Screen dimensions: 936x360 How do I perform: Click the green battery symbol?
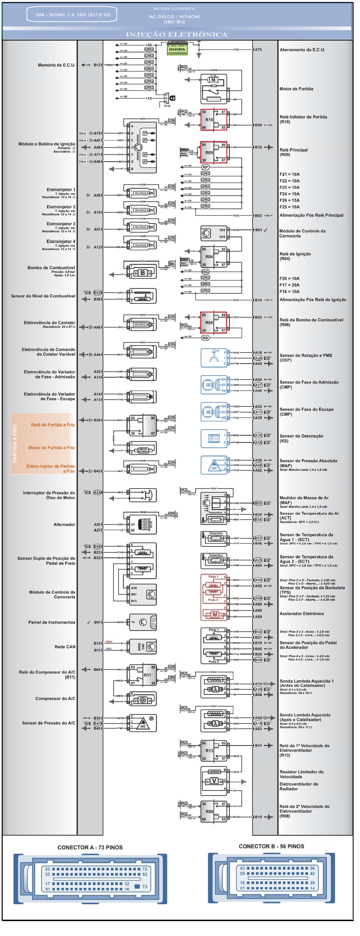coord(177,49)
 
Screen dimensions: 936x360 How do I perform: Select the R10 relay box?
coord(213,120)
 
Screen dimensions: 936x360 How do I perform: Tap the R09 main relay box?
coord(213,152)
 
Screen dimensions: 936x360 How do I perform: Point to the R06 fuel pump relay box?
coord(213,322)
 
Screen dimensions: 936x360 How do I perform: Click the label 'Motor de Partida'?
coord(296,89)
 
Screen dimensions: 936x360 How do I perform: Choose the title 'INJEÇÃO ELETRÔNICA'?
coord(177,35)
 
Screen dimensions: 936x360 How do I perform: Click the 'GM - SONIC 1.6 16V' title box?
coord(73,15)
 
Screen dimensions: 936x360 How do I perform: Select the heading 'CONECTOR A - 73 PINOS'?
coord(90,847)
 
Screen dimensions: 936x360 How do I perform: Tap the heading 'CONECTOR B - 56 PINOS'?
coord(271,846)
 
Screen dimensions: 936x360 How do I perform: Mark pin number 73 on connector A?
coord(144,886)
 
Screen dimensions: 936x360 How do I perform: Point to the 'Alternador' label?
coord(64,524)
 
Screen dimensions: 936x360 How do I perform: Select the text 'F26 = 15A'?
coord(289,200)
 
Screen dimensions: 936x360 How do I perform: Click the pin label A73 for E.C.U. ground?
coord(258,49)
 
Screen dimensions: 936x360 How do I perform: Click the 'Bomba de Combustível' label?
coord(51,267)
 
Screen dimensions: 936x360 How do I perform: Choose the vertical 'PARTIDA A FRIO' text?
coord(15,443)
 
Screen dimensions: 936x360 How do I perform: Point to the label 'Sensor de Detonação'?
coord(301,436)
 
